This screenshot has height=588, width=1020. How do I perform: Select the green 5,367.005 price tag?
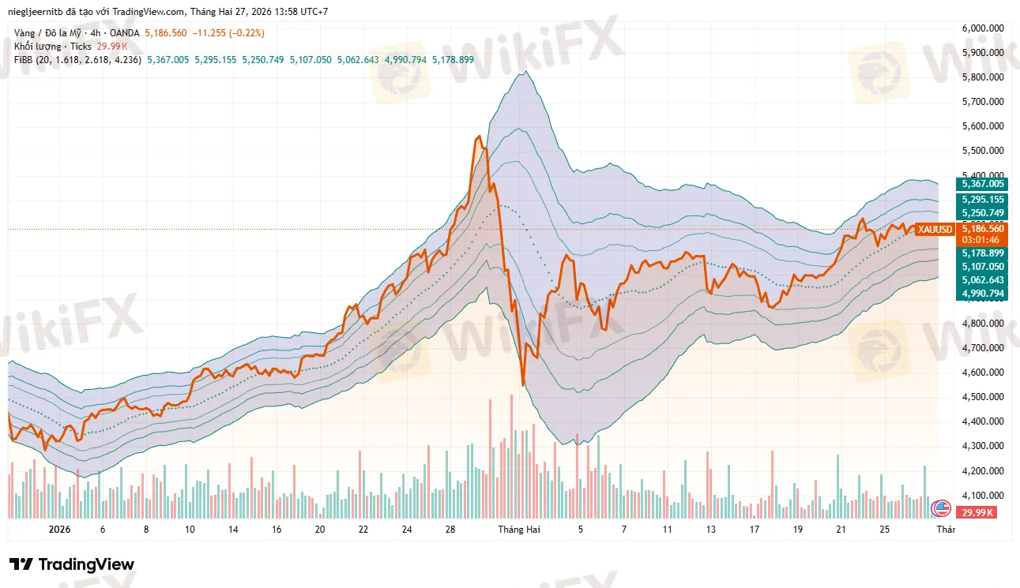[982, 183]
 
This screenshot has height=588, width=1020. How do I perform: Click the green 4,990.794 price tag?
[982, 294]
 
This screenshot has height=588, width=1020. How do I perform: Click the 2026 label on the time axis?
[59, 530]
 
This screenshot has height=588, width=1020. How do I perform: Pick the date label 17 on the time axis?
[755, 530]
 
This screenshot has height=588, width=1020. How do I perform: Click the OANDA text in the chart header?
[126, 33]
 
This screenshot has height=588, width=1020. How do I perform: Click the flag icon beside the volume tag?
[941, 508]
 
